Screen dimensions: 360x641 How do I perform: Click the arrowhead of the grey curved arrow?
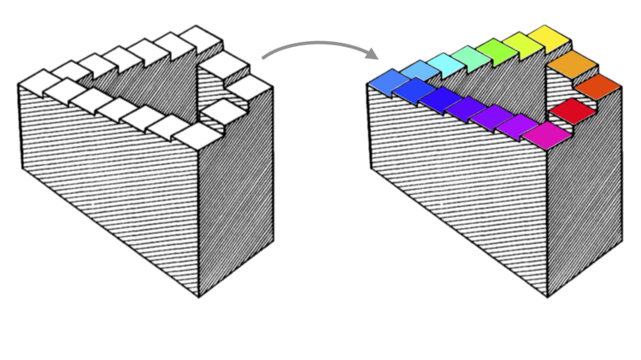point(373,56)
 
